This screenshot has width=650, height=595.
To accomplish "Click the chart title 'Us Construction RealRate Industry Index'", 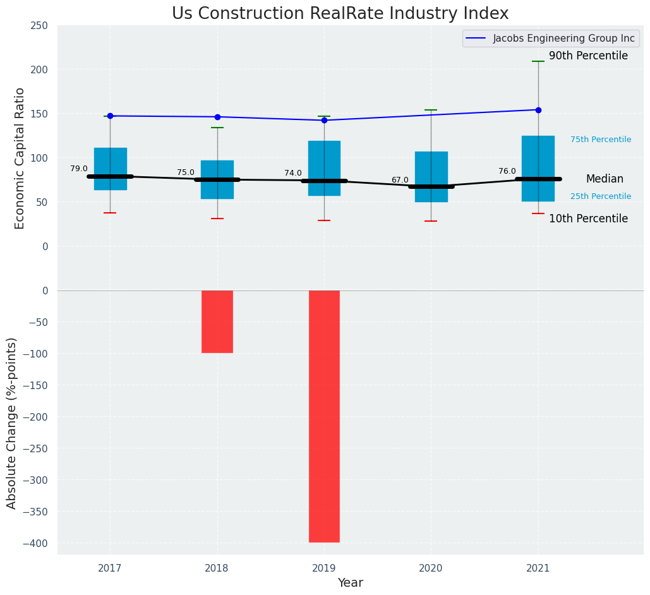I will [340, 14].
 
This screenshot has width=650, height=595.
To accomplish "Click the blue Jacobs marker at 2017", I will [110, 116].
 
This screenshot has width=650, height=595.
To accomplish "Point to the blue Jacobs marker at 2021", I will [538, 110].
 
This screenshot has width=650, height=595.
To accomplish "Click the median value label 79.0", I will [79, 169].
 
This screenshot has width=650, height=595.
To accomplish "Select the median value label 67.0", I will [400, 180].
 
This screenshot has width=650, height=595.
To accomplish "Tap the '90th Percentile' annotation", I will [588, 56].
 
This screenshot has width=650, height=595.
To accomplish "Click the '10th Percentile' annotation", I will [588, 219].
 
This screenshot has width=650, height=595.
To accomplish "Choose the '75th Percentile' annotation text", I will [601, 140].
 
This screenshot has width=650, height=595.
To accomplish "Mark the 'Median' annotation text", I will [605, 179].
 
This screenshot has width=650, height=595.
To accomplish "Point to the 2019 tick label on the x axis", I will [324, 568].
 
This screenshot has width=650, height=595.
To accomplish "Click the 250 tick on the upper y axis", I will [39, 25].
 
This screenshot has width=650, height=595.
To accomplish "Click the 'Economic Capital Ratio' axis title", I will [20, 158].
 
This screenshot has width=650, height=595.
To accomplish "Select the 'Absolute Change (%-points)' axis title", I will [12, 423].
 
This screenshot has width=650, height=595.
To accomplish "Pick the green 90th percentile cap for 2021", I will [538, 61].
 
